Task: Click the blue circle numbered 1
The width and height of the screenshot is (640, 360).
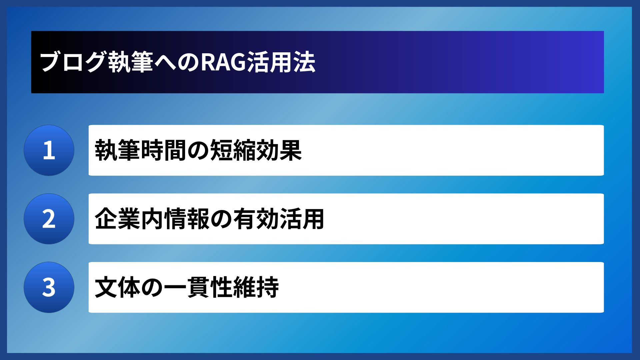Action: tap(49, 150)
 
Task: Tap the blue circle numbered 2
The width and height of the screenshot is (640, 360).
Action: tap(49, 219)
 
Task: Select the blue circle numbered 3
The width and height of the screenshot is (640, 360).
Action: tap(49, 287)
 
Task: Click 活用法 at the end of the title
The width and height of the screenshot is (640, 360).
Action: tap(281, 62)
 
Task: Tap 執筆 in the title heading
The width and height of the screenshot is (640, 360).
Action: tap(131, 62)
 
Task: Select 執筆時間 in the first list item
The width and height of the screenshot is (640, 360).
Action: tap(141, 150)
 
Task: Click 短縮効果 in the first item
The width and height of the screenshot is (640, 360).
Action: tap(256, 150)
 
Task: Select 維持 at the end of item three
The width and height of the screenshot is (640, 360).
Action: tap(256, 287)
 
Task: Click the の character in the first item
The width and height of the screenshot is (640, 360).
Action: tap(198, 150)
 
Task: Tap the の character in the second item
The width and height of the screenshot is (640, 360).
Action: tap(221, 219)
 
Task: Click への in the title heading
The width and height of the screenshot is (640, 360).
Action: tap(177, 62)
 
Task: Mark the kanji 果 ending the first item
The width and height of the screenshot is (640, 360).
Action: tap(291, 150)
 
